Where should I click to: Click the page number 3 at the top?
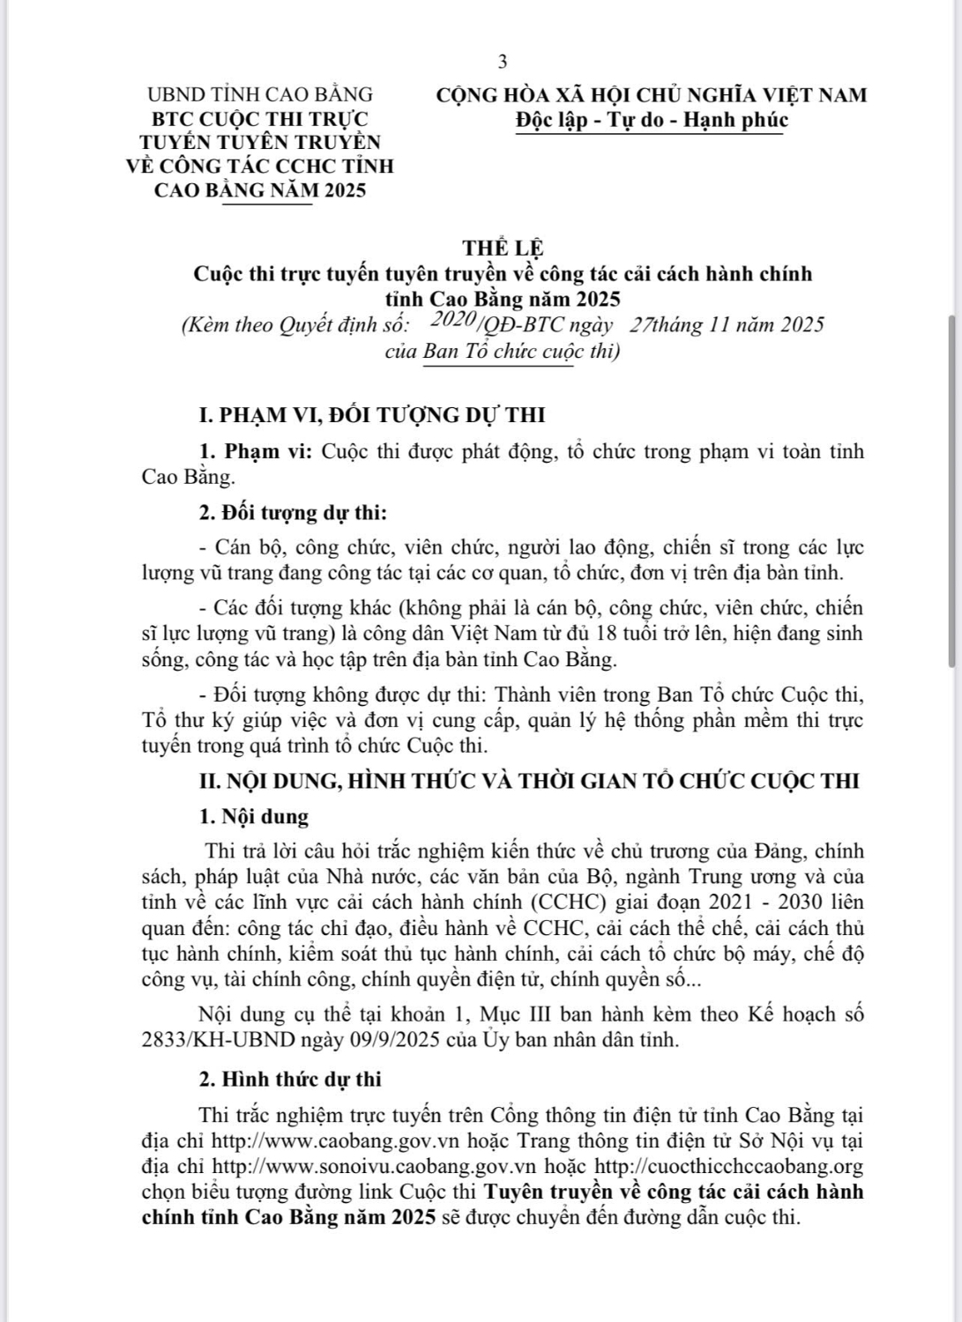503,61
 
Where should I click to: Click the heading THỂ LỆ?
503,249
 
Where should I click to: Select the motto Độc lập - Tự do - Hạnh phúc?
652,120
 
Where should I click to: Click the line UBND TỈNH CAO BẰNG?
260,94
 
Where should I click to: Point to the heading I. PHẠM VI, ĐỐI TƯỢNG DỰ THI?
373,414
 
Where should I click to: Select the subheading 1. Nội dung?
254,816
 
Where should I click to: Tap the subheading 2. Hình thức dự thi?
290,1080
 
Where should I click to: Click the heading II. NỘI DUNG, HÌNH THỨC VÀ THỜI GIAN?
529,781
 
